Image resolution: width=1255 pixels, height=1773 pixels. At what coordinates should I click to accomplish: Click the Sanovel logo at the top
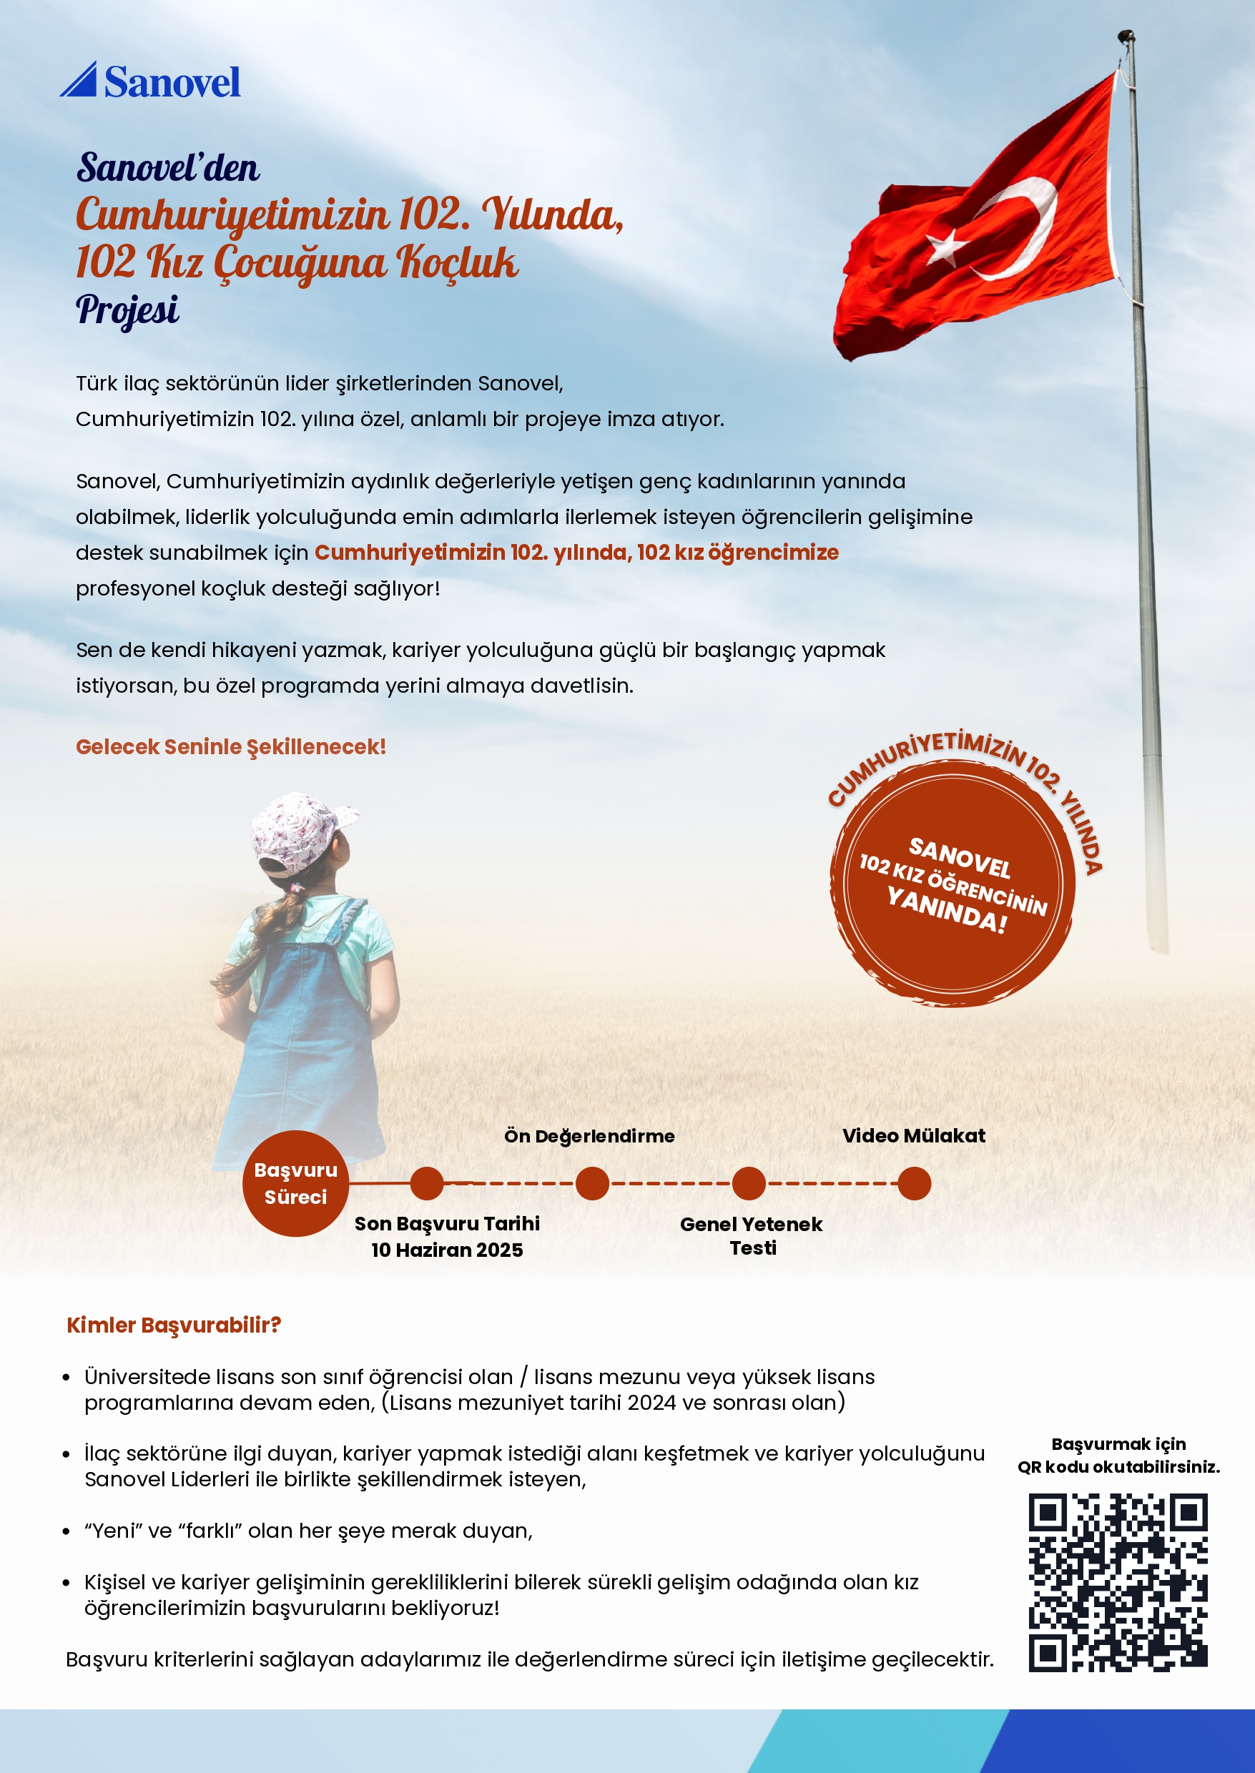[150, 81]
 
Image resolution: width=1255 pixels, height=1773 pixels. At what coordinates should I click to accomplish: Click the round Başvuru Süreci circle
[295, 1182]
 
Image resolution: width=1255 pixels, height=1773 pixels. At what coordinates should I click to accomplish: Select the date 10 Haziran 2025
[447, 1250]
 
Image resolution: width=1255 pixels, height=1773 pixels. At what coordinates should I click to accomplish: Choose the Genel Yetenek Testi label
[751, 1236]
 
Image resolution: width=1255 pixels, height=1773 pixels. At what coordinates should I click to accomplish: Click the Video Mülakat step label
[913, 1135]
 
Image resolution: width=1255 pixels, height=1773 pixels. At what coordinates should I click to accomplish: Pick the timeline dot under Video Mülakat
[914, 1182]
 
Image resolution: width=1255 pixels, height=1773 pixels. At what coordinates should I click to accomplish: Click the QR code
[1118, 1583]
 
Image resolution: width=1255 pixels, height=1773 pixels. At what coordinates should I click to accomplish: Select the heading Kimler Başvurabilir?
[174, 1325]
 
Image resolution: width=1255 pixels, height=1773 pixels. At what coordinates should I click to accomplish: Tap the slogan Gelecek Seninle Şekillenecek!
[230, 747]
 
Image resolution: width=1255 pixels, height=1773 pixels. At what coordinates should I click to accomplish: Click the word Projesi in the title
[127, 310]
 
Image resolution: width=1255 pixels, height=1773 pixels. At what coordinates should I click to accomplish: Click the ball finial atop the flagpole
[1126, 36]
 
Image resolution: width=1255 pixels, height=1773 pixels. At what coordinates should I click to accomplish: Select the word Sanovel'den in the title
[168, 167]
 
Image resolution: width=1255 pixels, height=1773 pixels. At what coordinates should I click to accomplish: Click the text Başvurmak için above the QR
[1118, 1444]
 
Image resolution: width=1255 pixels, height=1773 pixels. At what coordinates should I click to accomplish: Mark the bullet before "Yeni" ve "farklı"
[67, 1531]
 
